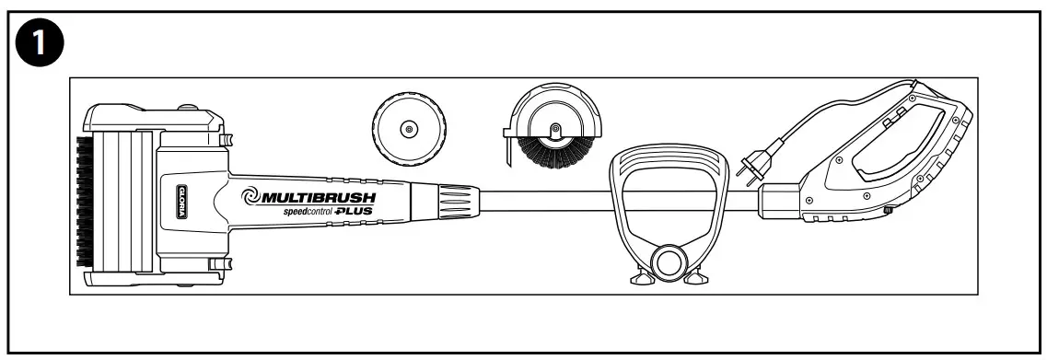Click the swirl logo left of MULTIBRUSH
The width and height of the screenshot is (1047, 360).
[x=251, y=196]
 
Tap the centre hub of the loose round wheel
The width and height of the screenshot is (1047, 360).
[x=408, y=131]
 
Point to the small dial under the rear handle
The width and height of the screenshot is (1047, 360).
[x=888, y=212]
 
